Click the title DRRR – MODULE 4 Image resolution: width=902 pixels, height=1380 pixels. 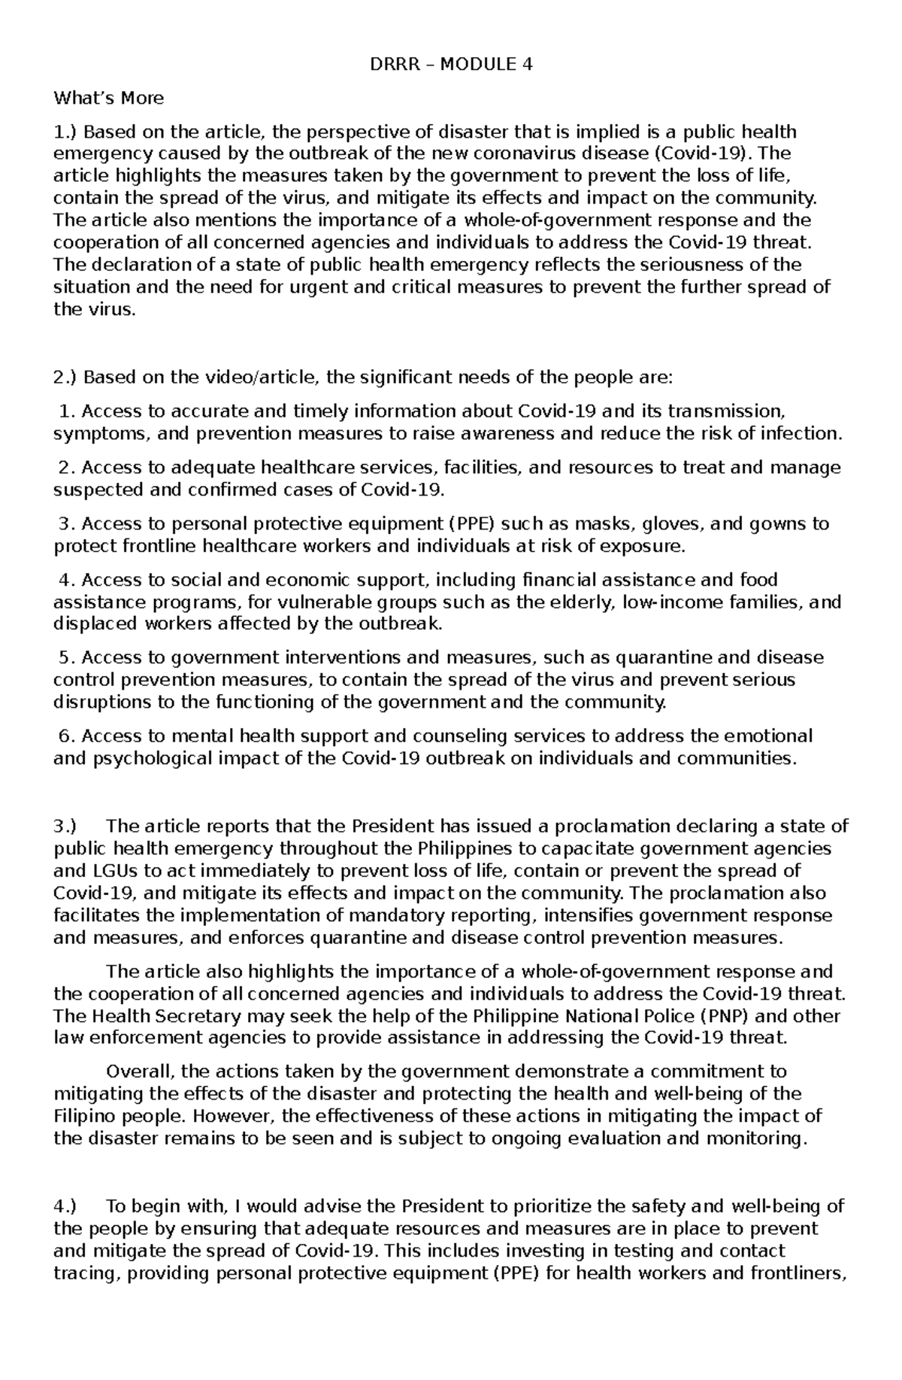coord(451,65)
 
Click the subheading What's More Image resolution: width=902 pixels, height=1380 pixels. coord(108,99)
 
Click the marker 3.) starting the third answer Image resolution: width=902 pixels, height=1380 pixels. coord(66,826)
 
